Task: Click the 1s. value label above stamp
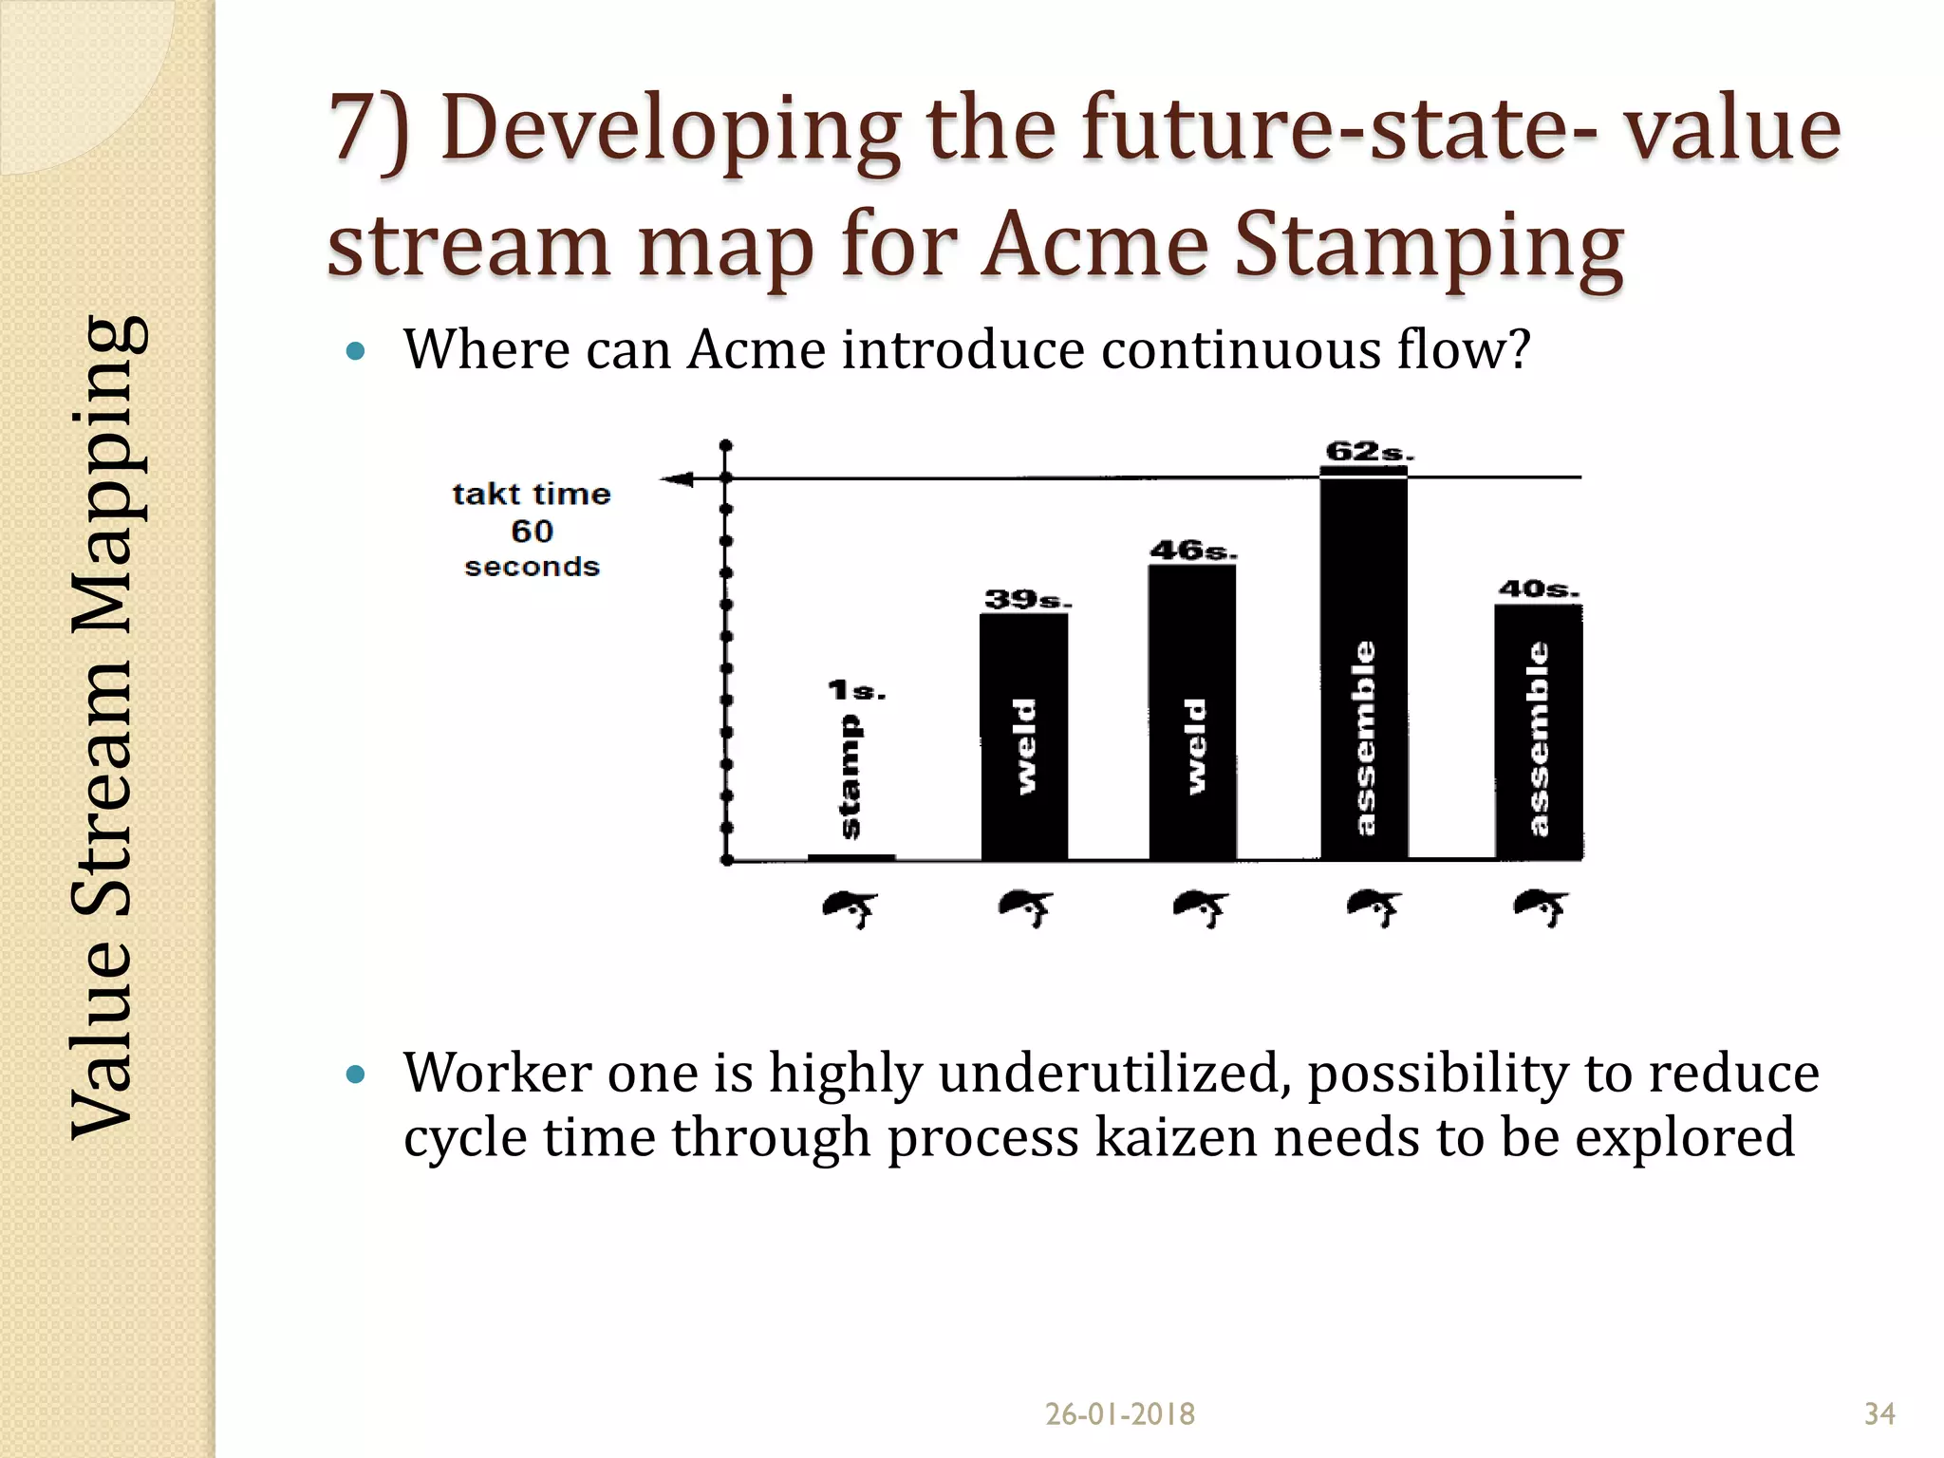point(855,690)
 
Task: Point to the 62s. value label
point(1368,452)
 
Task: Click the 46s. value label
point(1192,551)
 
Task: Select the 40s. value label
point(1538,589)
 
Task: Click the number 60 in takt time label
point(532,531)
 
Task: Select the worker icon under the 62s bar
point(1374,908)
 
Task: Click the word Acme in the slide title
point(1094,244)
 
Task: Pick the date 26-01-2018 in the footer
point(1119,1414)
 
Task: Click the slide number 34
point(1879,1414)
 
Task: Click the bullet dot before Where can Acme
point(356,352)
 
